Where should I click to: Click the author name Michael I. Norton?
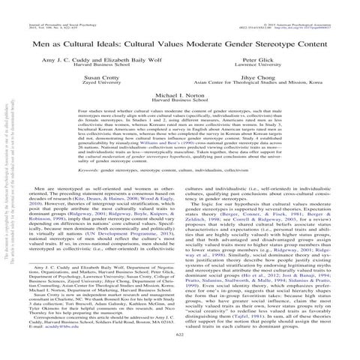[x=181, y=97]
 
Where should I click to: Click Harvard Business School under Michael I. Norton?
[x=181, y=103]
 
